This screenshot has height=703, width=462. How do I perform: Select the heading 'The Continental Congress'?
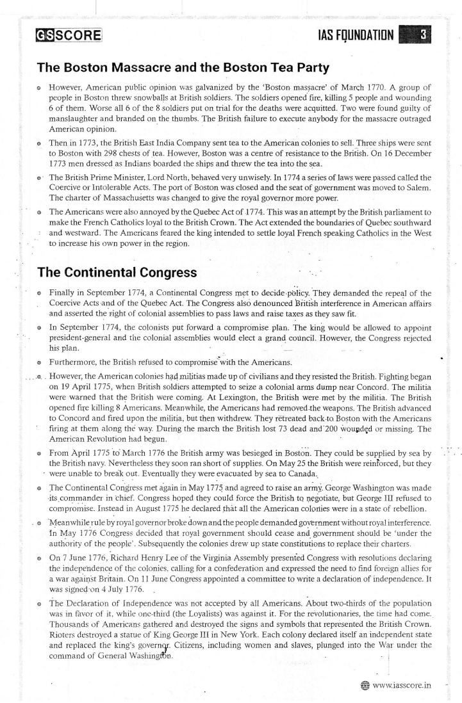coord(117,271)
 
